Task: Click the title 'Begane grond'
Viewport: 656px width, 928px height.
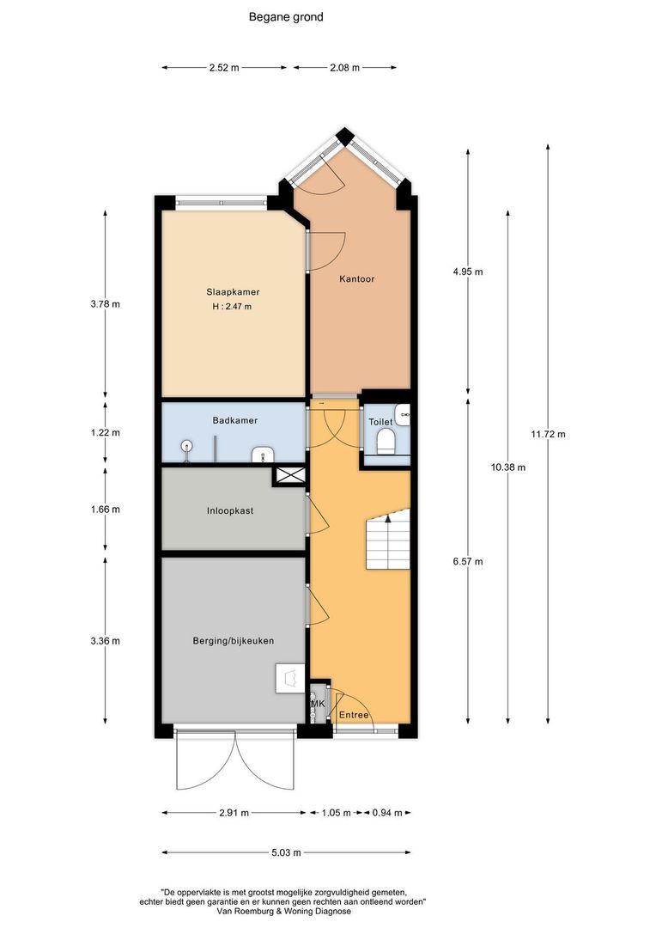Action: click(286, 16)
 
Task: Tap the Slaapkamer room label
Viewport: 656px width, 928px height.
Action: click(232, 291)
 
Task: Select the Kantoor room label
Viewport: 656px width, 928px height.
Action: click(356, 278)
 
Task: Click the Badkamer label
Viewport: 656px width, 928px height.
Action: click(234, 420)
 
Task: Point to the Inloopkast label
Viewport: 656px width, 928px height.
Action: click(229, 510)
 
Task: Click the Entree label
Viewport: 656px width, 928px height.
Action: click(354, 715)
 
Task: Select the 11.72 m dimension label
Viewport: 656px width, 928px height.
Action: click(548, 434)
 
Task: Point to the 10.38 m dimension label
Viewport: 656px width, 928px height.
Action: click(507, 467)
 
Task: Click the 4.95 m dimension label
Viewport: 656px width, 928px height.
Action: click(467, 272)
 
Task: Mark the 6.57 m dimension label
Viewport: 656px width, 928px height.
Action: click(467, 562)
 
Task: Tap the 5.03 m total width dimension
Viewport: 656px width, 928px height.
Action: click(285, 853)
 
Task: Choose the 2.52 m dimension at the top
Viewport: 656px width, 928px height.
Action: click(224, 67)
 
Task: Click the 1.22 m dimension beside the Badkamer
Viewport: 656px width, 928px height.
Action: click(105, 432)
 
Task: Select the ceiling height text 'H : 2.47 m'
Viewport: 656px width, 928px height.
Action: click(232, 307)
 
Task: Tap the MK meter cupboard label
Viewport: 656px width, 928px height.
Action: click(318, 705)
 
